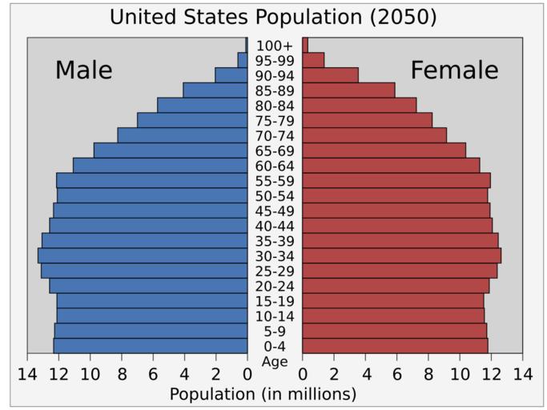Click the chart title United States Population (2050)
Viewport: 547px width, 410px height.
[274, 17]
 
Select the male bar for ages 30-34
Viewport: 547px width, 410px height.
[143, 255]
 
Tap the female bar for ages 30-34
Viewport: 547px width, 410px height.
[401, 255]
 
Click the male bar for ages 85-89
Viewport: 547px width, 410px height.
[215, 90]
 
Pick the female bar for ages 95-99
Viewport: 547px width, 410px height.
[313, 60]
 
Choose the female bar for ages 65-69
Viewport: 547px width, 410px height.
[384, 151]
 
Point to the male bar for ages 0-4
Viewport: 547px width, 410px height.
[151, 346]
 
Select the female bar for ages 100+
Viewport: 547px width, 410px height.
[305, 45]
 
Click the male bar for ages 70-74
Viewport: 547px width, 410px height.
[182, 135]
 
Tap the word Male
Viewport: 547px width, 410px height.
[83, 70]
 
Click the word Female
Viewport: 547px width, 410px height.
[454, 70]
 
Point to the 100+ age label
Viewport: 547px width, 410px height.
[275, 46]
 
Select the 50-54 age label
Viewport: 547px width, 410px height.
[275, 196]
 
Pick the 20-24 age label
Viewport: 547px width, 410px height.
[275, 287]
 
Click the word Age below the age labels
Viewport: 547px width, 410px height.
[275, 361]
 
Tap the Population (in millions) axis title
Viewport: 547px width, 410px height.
[263, 394]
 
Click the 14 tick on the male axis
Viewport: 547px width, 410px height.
[27, 373]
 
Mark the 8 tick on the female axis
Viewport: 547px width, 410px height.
[428, 373]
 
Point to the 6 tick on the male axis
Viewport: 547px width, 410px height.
[153, 373]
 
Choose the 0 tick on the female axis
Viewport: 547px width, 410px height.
[303, 373]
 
